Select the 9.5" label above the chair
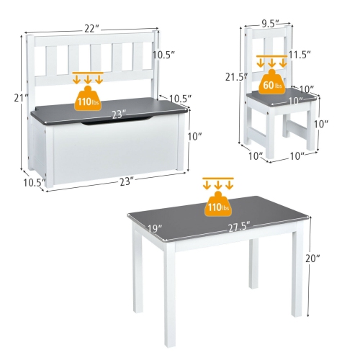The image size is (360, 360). point(270,22)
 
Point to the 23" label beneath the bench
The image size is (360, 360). point(126,181)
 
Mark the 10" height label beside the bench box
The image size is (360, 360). point(195,136)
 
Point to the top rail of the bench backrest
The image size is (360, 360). point(91,37)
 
